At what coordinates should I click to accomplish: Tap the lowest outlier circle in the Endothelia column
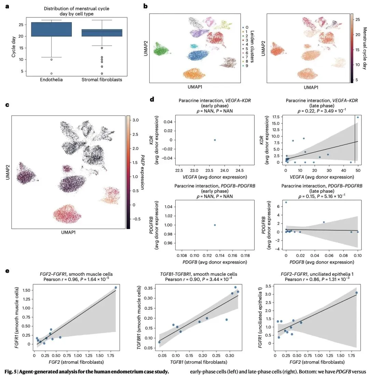[x=52, y=73]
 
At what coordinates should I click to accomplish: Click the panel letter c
[x=7, y=105]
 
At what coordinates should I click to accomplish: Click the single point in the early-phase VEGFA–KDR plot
[x=215, y=140]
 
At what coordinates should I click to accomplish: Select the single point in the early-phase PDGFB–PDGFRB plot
[x=215, y=225]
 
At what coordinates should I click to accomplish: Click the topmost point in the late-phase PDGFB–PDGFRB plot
[x=286, y=202]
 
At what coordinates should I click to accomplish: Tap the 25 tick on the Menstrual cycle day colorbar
[x=357, y=19]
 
